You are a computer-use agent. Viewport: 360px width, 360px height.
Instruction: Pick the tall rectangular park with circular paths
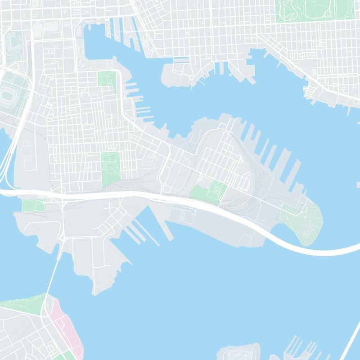[x=110, y=169]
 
